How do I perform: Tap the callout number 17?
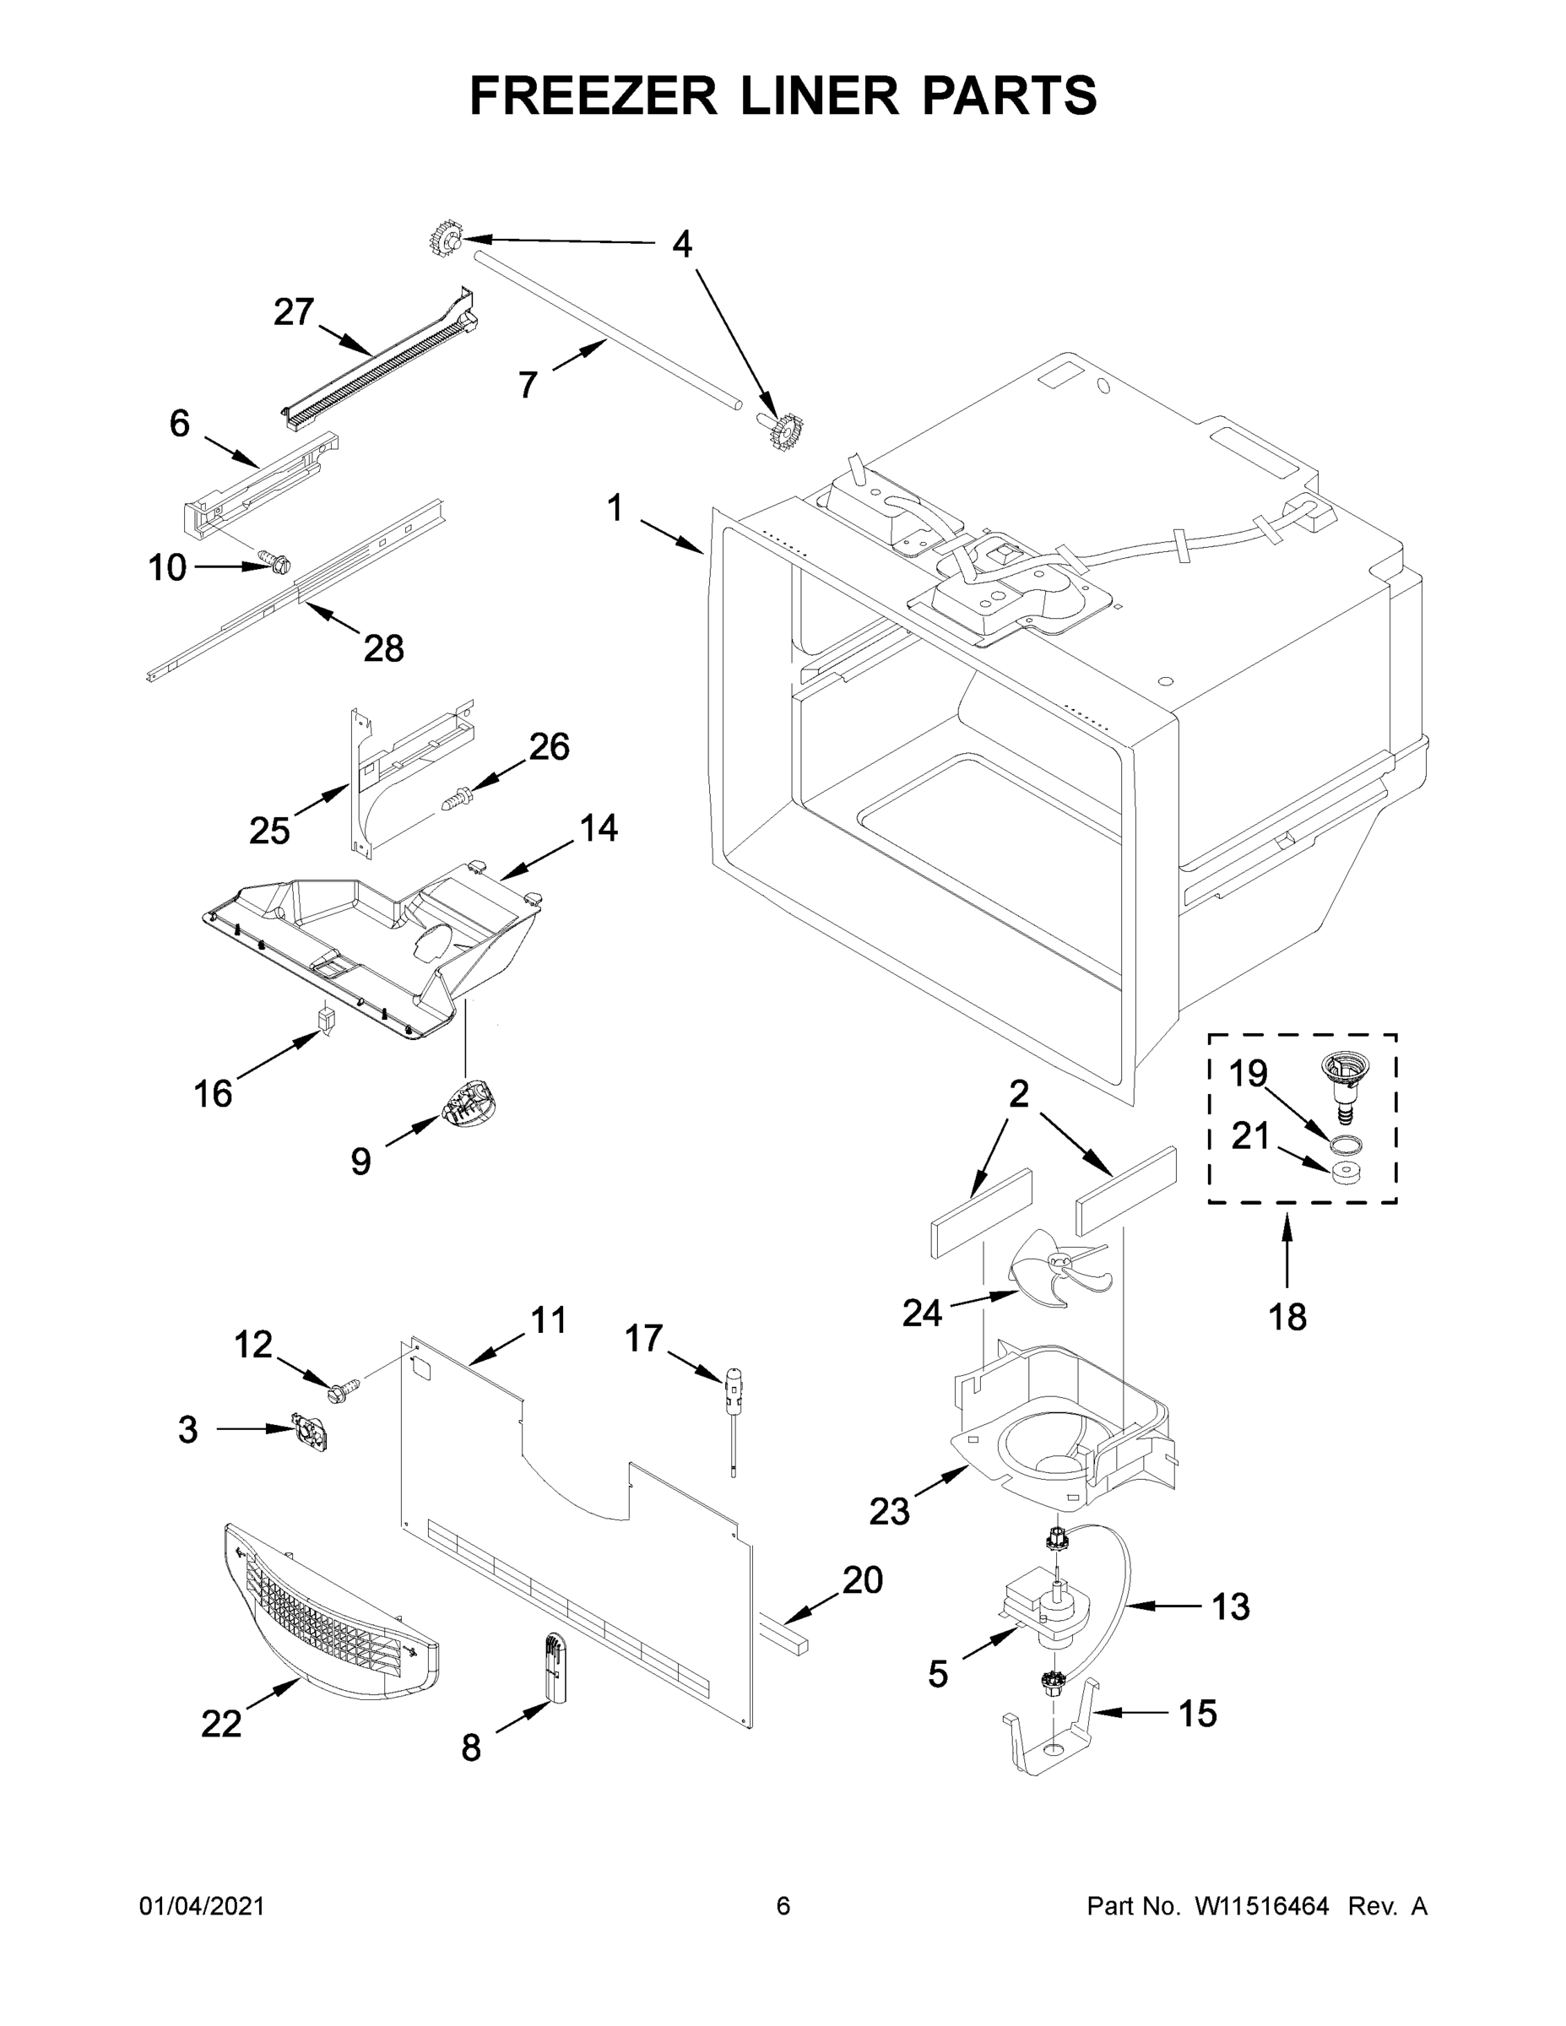(643, 1339)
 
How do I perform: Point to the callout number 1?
(614, 509)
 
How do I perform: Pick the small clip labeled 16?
(326, 1019)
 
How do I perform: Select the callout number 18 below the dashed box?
(1287, 1316)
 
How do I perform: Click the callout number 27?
(293, 312)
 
